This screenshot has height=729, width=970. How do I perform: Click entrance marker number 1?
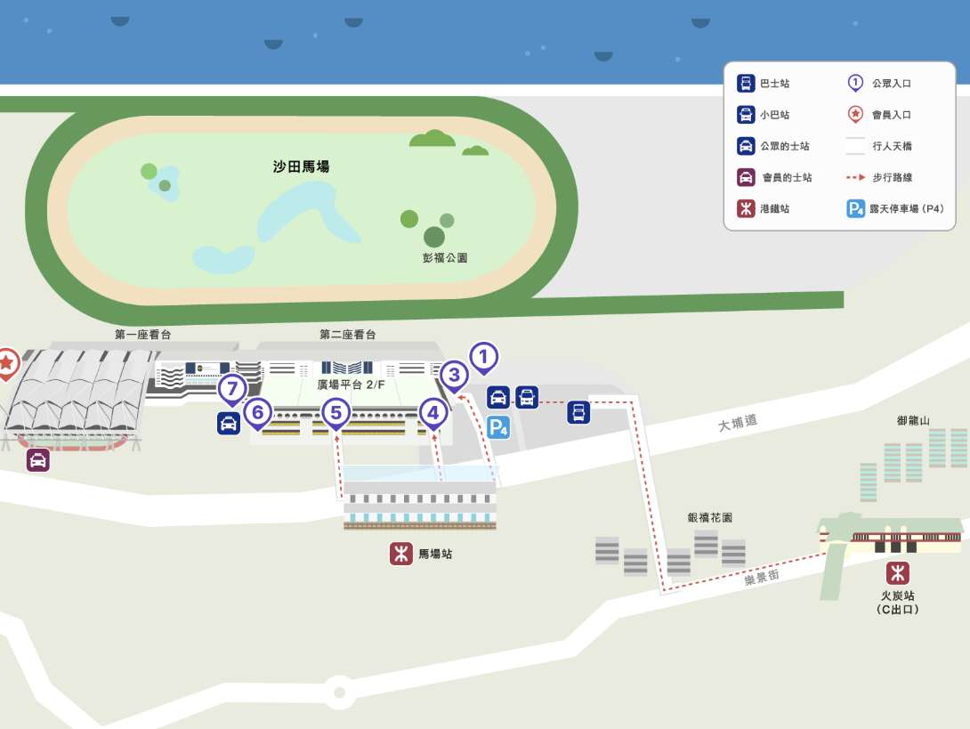pyautogui.click(x=483, y=358)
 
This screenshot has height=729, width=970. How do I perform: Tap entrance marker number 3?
pyautogui.click(x=454, y=376)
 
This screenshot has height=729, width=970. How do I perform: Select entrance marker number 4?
pyautogui.click(x=433, y=413)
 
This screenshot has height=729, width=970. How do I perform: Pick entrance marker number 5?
pyautogui.click(x=335, y=412)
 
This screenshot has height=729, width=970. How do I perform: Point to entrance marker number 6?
pyautogui.click(x=257, y=412)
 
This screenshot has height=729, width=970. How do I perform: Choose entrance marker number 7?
pyautogui.click(x=232, y=389)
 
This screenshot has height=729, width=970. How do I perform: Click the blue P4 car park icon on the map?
pyautogui.click(x=499, y=428)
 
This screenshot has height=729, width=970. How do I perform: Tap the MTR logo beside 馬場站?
pyautogui.click(x=400, y=554)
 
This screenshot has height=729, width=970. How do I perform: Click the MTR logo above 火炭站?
pyautogui.click(x=896, y=572)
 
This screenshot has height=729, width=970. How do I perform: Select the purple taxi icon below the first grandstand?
pyautogui.click(x=37, y=460)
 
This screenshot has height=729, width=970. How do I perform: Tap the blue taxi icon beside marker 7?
pyautogui.click(x=229, y=423)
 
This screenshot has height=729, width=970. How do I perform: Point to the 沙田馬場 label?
pyautogui.click(x=302, y=166)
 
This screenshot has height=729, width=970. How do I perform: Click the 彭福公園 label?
pyautogui.click(x=445, y=257)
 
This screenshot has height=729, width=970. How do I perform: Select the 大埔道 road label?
pyautogui.click(x=738, y=424)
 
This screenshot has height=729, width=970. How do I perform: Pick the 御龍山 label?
pyautogui.click(x=913, y=420)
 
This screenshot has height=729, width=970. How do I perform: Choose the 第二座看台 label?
pyautogui.click(x=348, y=335)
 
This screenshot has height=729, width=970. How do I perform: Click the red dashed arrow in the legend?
pyautogui.click(x=855, y=178)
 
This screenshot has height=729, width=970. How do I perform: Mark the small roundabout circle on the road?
pyautogui.click(x=338, y=690)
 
